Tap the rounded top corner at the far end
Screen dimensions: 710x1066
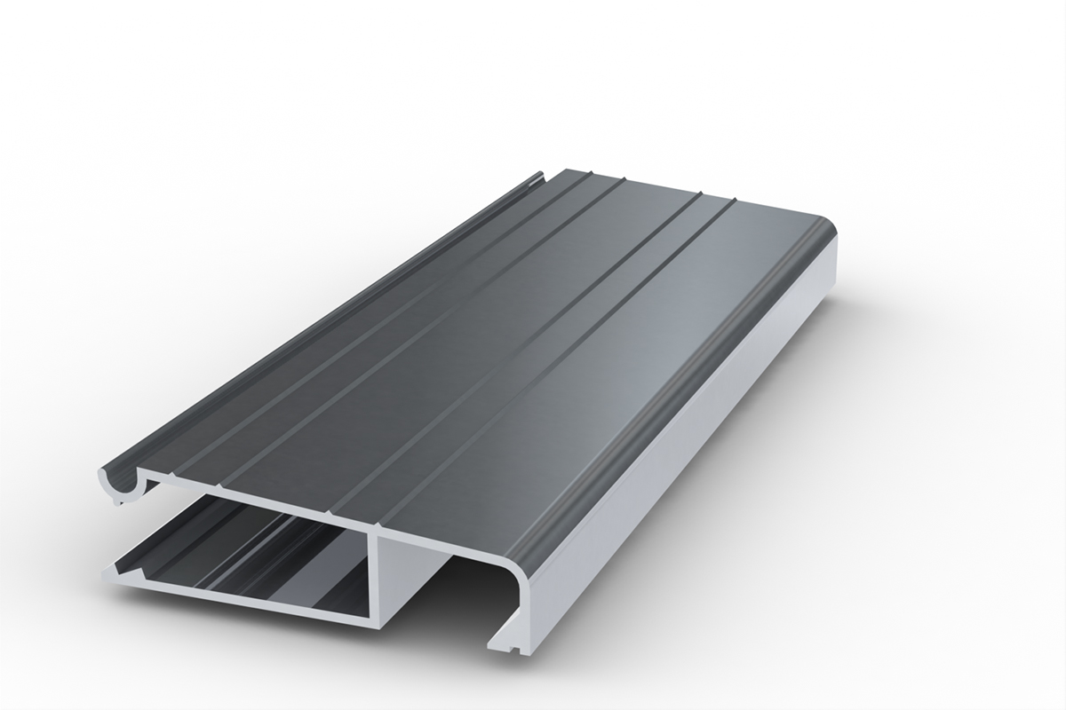[x=831, y=233]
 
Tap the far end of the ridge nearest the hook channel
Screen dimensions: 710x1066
[x=586, y=174]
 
